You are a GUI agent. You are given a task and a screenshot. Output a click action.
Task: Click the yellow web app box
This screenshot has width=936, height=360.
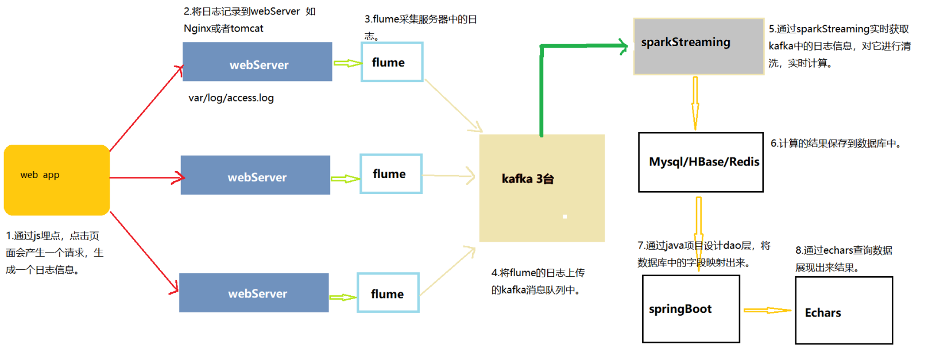56,180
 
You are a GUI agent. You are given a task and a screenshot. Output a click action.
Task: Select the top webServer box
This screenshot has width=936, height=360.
257,61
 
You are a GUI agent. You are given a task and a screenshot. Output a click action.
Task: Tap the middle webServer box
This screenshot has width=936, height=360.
256,175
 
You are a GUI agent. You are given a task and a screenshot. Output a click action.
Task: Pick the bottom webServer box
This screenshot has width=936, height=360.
254,293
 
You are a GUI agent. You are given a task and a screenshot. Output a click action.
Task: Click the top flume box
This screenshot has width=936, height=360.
392,62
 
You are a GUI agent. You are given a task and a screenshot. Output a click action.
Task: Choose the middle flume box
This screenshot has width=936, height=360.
391,174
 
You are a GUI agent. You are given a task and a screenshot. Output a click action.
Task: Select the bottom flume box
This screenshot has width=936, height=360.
388,293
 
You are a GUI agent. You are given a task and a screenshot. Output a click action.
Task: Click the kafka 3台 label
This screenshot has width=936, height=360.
527,179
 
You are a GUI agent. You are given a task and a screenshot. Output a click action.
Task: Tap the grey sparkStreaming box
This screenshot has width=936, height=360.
699,46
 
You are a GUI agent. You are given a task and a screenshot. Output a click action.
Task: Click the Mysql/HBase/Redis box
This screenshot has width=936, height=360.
701,162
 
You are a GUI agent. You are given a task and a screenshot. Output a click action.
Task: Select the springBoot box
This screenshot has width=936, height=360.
691,309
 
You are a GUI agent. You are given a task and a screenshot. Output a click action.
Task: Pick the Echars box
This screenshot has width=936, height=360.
844,311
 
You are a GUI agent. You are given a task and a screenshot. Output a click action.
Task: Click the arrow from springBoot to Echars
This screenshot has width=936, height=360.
767,310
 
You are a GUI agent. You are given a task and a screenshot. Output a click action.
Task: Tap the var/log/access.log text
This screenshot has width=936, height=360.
231,98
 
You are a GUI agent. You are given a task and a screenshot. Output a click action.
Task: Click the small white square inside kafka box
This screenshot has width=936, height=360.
565,216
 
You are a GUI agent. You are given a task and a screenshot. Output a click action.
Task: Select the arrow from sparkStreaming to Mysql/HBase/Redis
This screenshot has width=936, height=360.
695,103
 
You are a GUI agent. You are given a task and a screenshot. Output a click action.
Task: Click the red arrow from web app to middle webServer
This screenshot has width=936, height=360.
146,178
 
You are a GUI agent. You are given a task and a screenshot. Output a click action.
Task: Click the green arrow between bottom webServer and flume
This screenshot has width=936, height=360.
343,297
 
